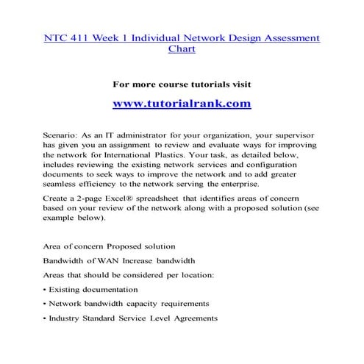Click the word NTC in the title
(x=56, y=37)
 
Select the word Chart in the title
(x=182, y=50)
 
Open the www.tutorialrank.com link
(x=182, y=104)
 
